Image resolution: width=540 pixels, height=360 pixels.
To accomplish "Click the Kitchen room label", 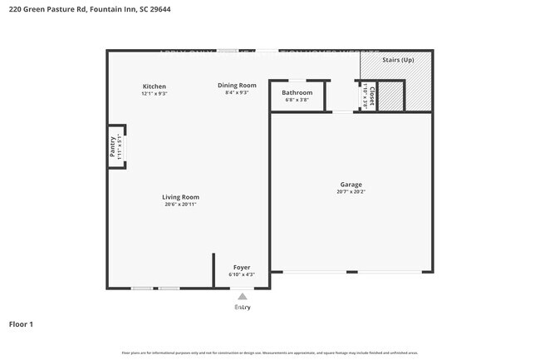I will point(155,86).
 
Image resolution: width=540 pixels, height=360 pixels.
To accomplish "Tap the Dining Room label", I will point(237,85).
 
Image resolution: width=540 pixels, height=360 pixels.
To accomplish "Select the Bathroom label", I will point(297,92).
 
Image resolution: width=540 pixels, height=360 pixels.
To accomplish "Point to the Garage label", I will point(351,185).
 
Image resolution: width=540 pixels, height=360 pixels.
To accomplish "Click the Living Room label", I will point(180,197).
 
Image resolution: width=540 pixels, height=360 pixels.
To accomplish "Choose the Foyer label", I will point(242,268).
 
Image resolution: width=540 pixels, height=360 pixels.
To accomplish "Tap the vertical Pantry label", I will point(113,147).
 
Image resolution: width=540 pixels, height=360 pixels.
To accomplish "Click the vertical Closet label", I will point(371,96).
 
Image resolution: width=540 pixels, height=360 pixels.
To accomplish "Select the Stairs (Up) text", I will point(398,61).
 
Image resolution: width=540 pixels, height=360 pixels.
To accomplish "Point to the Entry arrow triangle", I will point(242,296).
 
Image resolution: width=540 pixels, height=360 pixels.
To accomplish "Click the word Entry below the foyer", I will point(242,307).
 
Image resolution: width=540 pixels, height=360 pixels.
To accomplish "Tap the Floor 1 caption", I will point(21,323).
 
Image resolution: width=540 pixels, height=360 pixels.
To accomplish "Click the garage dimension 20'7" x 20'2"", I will point(351,192).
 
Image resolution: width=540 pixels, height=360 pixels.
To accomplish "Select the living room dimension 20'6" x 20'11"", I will point(180,205).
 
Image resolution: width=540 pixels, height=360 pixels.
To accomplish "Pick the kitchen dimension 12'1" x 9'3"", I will point(155,94).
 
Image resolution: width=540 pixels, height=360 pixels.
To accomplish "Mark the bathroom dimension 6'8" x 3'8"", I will point(297,100).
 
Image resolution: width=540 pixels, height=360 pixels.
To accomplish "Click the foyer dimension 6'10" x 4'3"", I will point(242,275).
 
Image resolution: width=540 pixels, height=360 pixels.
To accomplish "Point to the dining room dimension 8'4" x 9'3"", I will point(237,92).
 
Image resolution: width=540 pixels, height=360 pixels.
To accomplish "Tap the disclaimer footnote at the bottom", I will point(270,353).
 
